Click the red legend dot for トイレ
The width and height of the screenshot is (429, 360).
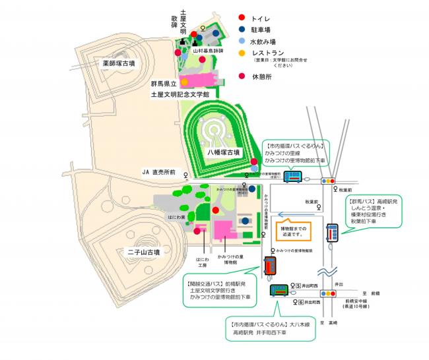(242, 17)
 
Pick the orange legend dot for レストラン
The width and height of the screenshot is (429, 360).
(242, 53)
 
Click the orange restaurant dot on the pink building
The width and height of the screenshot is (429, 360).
(185, 82)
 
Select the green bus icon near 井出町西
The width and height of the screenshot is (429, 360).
(277, 290)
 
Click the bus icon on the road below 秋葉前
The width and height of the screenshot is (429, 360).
(332, 233)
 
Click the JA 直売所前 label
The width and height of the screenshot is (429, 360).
(159, 172)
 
